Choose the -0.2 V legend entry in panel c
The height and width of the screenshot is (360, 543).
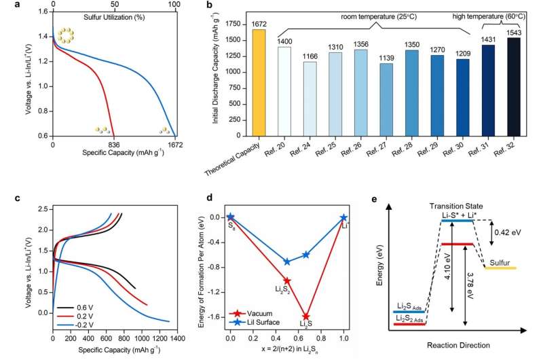[x=83, y=318]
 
